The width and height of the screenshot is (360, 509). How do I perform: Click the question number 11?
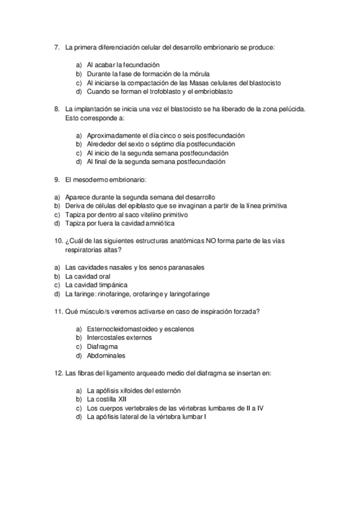(x=58, y=311)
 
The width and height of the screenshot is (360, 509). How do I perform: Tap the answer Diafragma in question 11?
(x=102, y=346)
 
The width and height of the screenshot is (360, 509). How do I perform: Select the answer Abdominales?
(x=106, y=355)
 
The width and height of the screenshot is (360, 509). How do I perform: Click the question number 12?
(x=58, y=373)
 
